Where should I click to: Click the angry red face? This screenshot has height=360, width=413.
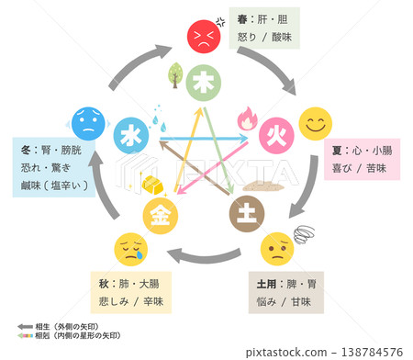click(x=203, y=36)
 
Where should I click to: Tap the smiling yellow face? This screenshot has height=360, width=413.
click(x=317, y=122)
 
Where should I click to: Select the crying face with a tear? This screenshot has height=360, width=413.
click(x=129, y=248)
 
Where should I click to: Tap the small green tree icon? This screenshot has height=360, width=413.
click(x=173, y=73)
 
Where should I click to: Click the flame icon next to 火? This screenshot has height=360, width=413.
click(x=247, y=118)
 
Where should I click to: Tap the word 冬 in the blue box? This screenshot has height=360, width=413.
click(x=27, y=149)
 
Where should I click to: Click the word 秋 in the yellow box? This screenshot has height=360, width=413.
click(x=100, y=286)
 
